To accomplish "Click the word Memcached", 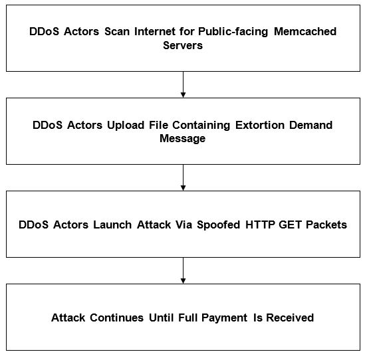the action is (305, 31).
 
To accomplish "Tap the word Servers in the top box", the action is (183, 45).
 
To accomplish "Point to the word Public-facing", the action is (233, 32).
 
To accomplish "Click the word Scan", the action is (117, 31).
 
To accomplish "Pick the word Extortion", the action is (260, 125).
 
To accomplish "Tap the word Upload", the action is (126, 126).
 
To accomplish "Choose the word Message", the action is (182, 139).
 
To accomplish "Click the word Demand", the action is (311, 125).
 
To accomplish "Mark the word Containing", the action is (201, 126).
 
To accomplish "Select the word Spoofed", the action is (218, 225).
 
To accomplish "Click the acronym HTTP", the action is (260, 225).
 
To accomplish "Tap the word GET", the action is (290, 225).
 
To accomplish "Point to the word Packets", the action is (326, 225).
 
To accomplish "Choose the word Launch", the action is (112, 225).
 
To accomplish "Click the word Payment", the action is (224, 318).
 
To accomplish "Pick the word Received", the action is (290, 317).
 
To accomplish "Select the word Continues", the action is (117, 317).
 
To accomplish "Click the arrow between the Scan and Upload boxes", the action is (183, 84).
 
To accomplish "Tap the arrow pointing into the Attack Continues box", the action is (183, 270).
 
